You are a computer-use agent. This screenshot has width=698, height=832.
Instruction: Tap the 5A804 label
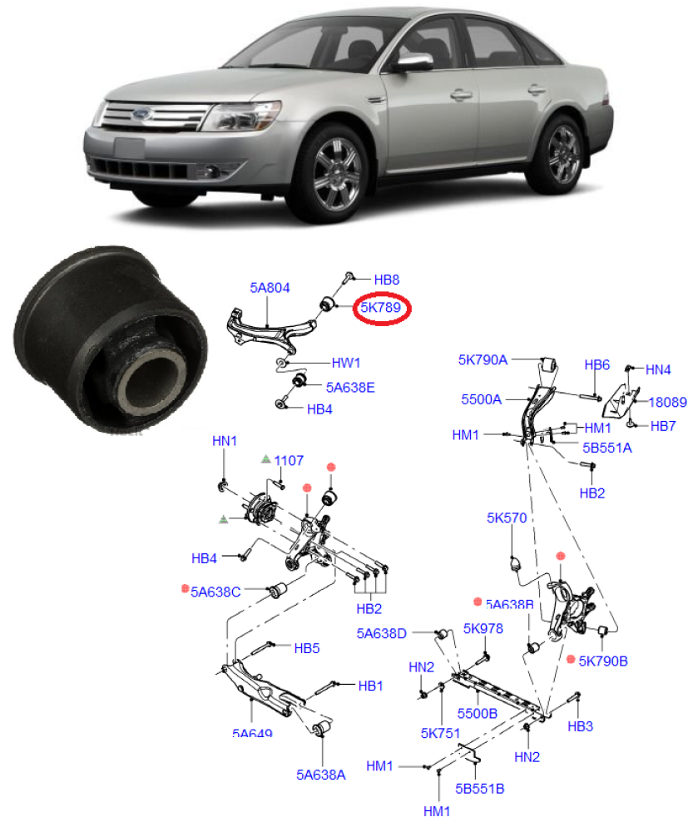(270, 288)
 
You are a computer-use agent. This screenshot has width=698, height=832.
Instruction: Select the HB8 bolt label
(387, 280)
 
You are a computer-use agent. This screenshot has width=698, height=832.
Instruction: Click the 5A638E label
(350, 387)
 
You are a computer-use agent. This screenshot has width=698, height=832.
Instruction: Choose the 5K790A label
(483, 360)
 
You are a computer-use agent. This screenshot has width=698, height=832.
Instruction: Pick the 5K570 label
(507, 518)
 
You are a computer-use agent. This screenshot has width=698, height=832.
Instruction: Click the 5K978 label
(483, 629)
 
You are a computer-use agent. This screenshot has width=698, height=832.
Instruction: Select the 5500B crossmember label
(477, 714)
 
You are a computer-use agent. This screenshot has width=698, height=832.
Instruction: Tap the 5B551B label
(479, 786)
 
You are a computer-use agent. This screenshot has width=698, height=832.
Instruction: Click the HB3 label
(580, 726)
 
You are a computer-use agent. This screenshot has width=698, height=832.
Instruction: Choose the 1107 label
(289, 460)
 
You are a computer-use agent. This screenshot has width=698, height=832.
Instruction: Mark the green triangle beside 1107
(265, 459)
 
